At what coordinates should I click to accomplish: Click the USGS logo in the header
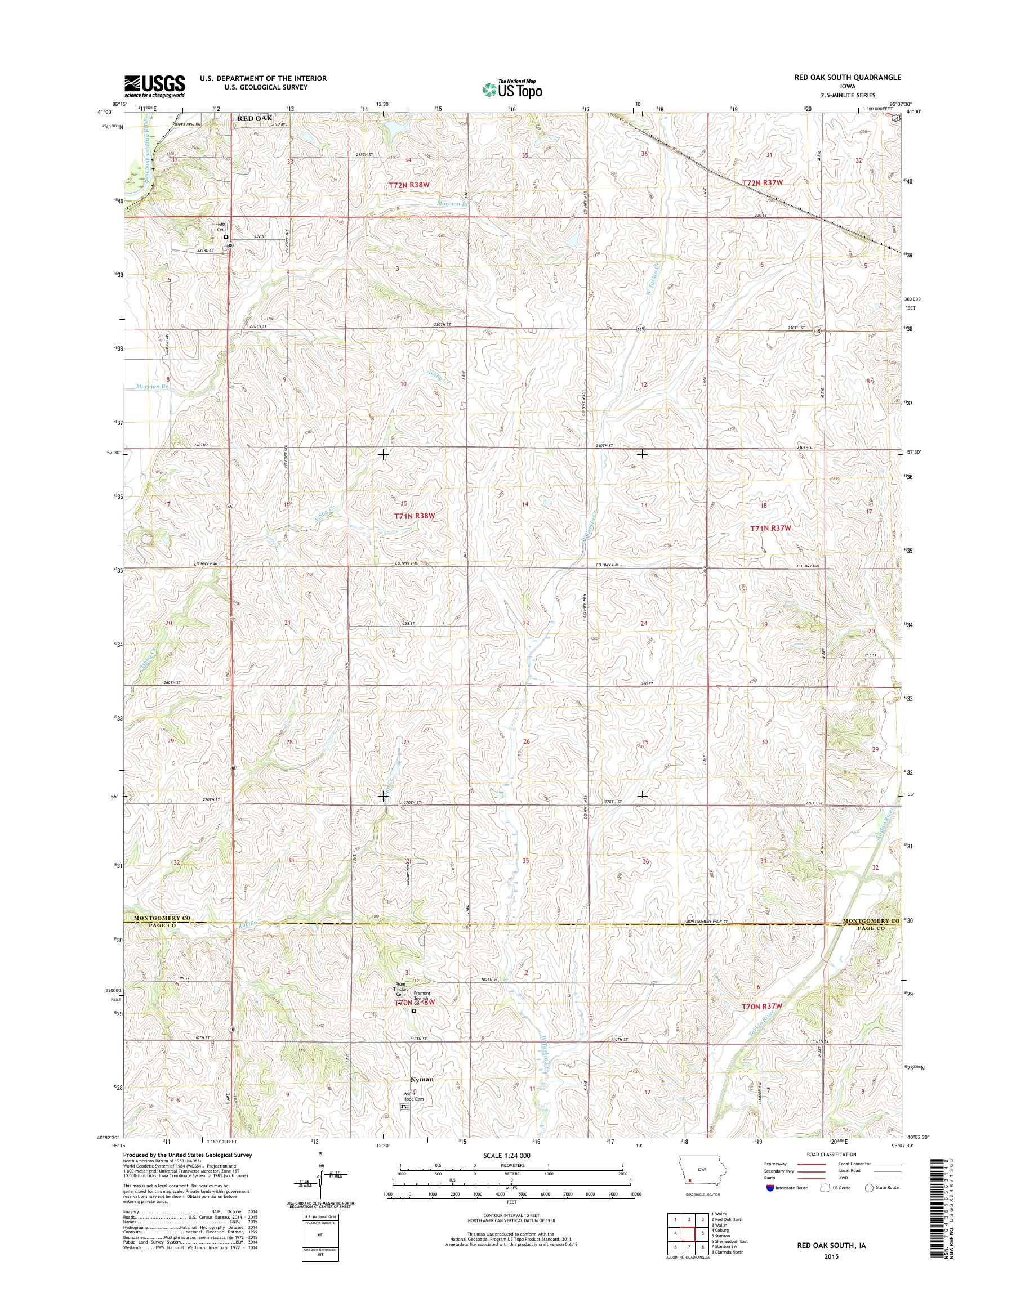click(154, 86)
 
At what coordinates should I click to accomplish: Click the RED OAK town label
click(255, 119)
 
